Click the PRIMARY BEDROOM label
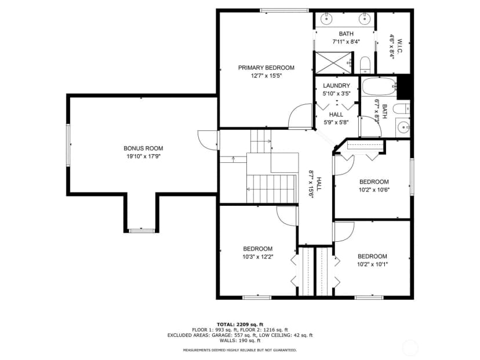click(x=266, y=68)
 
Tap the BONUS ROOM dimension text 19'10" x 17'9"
click(x=144, y=157)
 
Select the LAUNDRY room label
click(x=336, y=86)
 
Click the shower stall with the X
click(x=333, y=63)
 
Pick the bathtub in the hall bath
click(x=379, y=87)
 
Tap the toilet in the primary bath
click(x=365, y=65)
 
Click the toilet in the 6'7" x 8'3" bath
click(x=401, y=108)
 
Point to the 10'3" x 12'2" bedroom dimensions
click(x=258, y=257)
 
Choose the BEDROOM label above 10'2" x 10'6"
click(x=374, y=182)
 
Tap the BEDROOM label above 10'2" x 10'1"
click(x=372, y=257)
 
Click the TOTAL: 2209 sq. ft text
click(x=239, y=325)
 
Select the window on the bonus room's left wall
click(x=68, y=145)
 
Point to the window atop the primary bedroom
click(x=285, y=10)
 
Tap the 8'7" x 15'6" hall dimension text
click(x=312, y=184)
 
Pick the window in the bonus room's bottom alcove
click(x=141, y=231)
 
